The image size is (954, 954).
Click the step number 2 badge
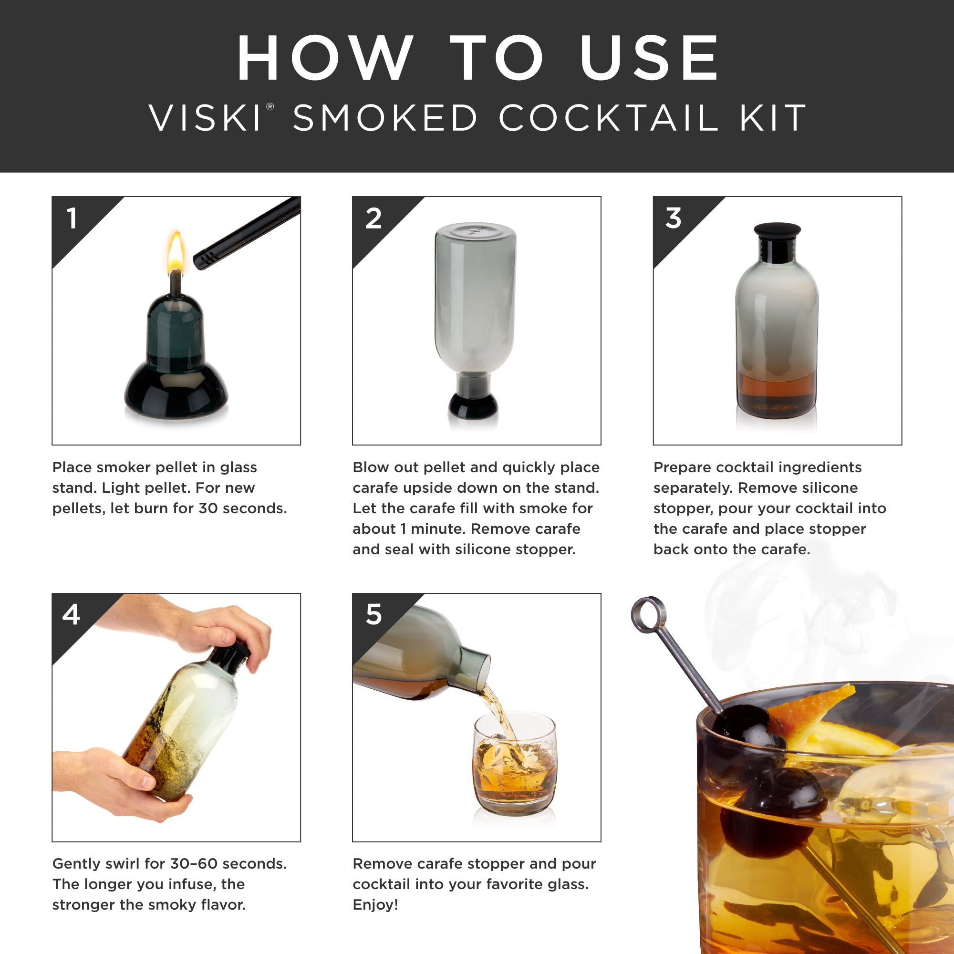(373, 218)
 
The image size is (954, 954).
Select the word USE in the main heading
(649, 58)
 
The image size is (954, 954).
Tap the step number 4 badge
(72, 615)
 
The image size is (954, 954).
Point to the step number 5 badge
(374, 615)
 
